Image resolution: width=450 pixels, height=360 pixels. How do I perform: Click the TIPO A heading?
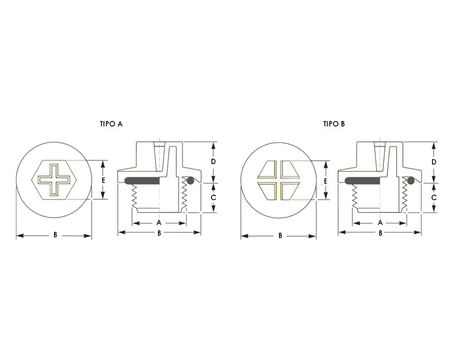click(111, 124)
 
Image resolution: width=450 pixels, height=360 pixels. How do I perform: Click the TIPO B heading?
click(334, 124)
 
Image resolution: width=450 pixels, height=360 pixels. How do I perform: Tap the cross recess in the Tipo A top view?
click(54, 180)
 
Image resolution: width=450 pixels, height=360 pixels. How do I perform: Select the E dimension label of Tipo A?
click(103, 180)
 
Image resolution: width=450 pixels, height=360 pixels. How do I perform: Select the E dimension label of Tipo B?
click(325, 181)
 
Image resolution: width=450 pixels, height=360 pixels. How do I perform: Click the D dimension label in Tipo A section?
click(213, 162)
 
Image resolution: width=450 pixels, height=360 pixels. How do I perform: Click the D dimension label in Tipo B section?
click(434, 162)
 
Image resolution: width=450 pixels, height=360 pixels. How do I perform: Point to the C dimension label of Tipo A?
click(213, 198)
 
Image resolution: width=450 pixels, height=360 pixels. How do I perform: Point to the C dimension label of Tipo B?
click(434, 198)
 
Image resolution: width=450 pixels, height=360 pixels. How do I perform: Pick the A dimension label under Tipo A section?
click(159, 222)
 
